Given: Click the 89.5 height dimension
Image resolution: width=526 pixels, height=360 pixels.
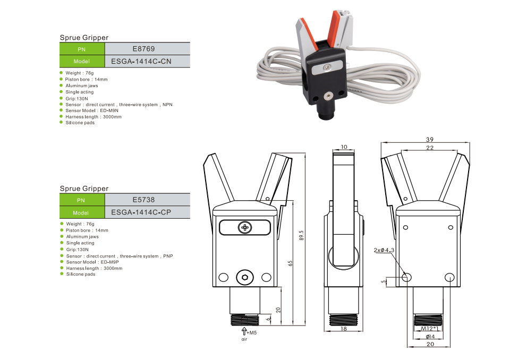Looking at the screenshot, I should click(x=301, y=235).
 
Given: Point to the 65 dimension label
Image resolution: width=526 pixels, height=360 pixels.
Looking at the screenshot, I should click(x=291, y=264).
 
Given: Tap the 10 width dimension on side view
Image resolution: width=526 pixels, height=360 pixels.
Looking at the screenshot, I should click(x=344, y=147).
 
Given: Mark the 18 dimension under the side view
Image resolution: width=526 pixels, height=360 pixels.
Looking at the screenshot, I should click(x=344, y=330).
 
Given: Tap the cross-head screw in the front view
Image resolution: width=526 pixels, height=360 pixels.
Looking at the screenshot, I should click(x=245, y=227).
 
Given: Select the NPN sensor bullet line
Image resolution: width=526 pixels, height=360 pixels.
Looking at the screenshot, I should click(x=119, y=105).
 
